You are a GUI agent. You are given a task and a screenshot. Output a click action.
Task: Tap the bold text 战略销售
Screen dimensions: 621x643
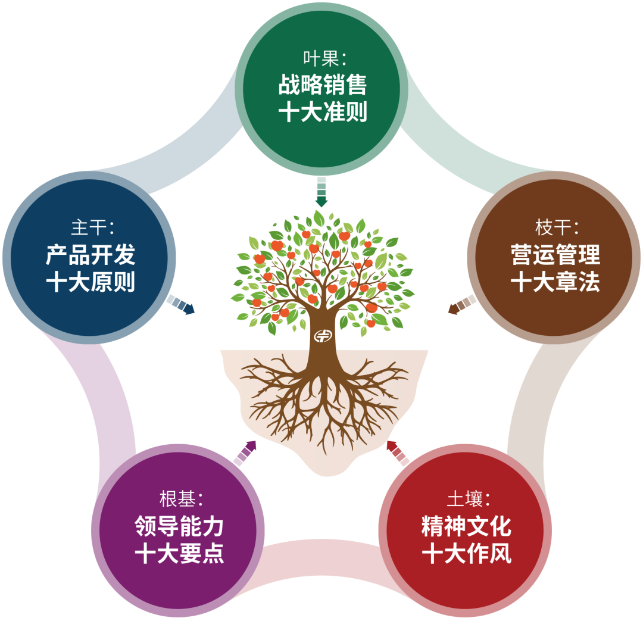click(322, 85)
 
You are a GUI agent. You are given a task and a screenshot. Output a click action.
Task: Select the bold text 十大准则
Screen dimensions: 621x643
click(322, 111)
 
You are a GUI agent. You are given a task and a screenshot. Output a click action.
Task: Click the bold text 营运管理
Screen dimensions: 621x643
click(555, 255)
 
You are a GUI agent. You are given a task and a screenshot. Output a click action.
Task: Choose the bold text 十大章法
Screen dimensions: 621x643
click(555, 281)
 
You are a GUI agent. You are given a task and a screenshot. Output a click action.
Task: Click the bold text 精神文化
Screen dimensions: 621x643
click(466, 526)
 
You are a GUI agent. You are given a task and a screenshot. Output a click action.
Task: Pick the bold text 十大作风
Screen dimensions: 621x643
click(466, 553)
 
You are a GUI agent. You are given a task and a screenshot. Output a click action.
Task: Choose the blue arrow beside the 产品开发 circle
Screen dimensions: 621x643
click(181, 305)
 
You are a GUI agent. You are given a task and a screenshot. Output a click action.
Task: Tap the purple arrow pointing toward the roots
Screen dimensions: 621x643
click(245, 453)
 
